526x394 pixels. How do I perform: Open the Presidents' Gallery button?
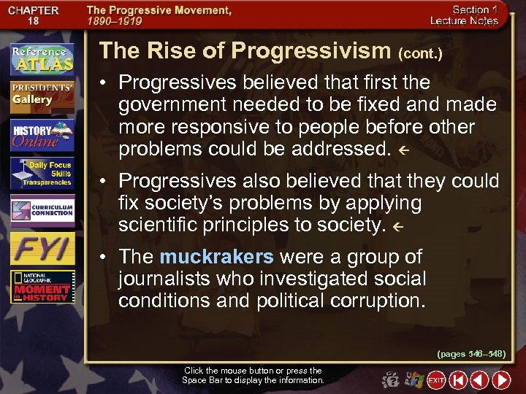(x=42, y=96)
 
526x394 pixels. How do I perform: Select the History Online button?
(x=42, y=136)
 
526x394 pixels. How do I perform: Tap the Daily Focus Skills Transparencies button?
(x=42, y=174)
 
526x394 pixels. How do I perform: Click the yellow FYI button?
(x=42, y=249)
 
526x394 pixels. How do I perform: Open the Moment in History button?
(x=42, y=287)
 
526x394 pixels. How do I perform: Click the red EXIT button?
(x=436, y=380)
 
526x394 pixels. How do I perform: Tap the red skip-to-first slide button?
(x=458, y=380)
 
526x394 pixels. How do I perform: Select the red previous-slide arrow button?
(x=479, y=380)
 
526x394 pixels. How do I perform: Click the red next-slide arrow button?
(x=501, y=380)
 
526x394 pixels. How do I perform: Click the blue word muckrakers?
(x=216, y=257)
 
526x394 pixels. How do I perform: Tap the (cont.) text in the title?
(x=420, y=53)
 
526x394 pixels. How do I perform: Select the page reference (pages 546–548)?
(x=471, y=354)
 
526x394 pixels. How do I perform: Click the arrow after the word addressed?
(x=399, y=151)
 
